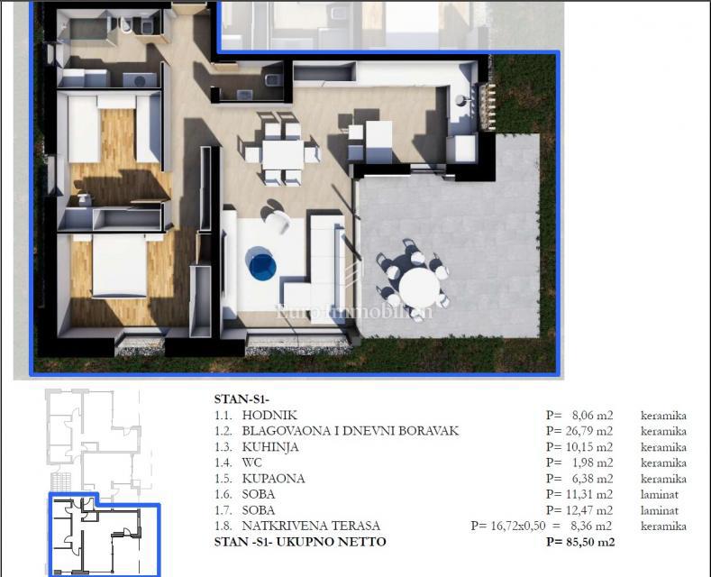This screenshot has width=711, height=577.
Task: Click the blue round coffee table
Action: tap(262, 265)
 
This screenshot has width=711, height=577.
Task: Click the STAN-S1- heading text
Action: tap(242, 398)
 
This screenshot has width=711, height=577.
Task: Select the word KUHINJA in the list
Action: tap(270, 447)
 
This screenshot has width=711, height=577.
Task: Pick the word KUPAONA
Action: tap(273, 479)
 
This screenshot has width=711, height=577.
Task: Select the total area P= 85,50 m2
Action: tap(580, 542)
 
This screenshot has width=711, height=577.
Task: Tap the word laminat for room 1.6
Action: tap(661, 494)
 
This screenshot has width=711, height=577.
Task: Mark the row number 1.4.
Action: tap(223, 463)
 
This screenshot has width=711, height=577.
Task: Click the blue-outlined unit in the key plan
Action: tap(104, 536)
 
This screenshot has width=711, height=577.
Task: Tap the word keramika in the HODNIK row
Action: tap(663, 416)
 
